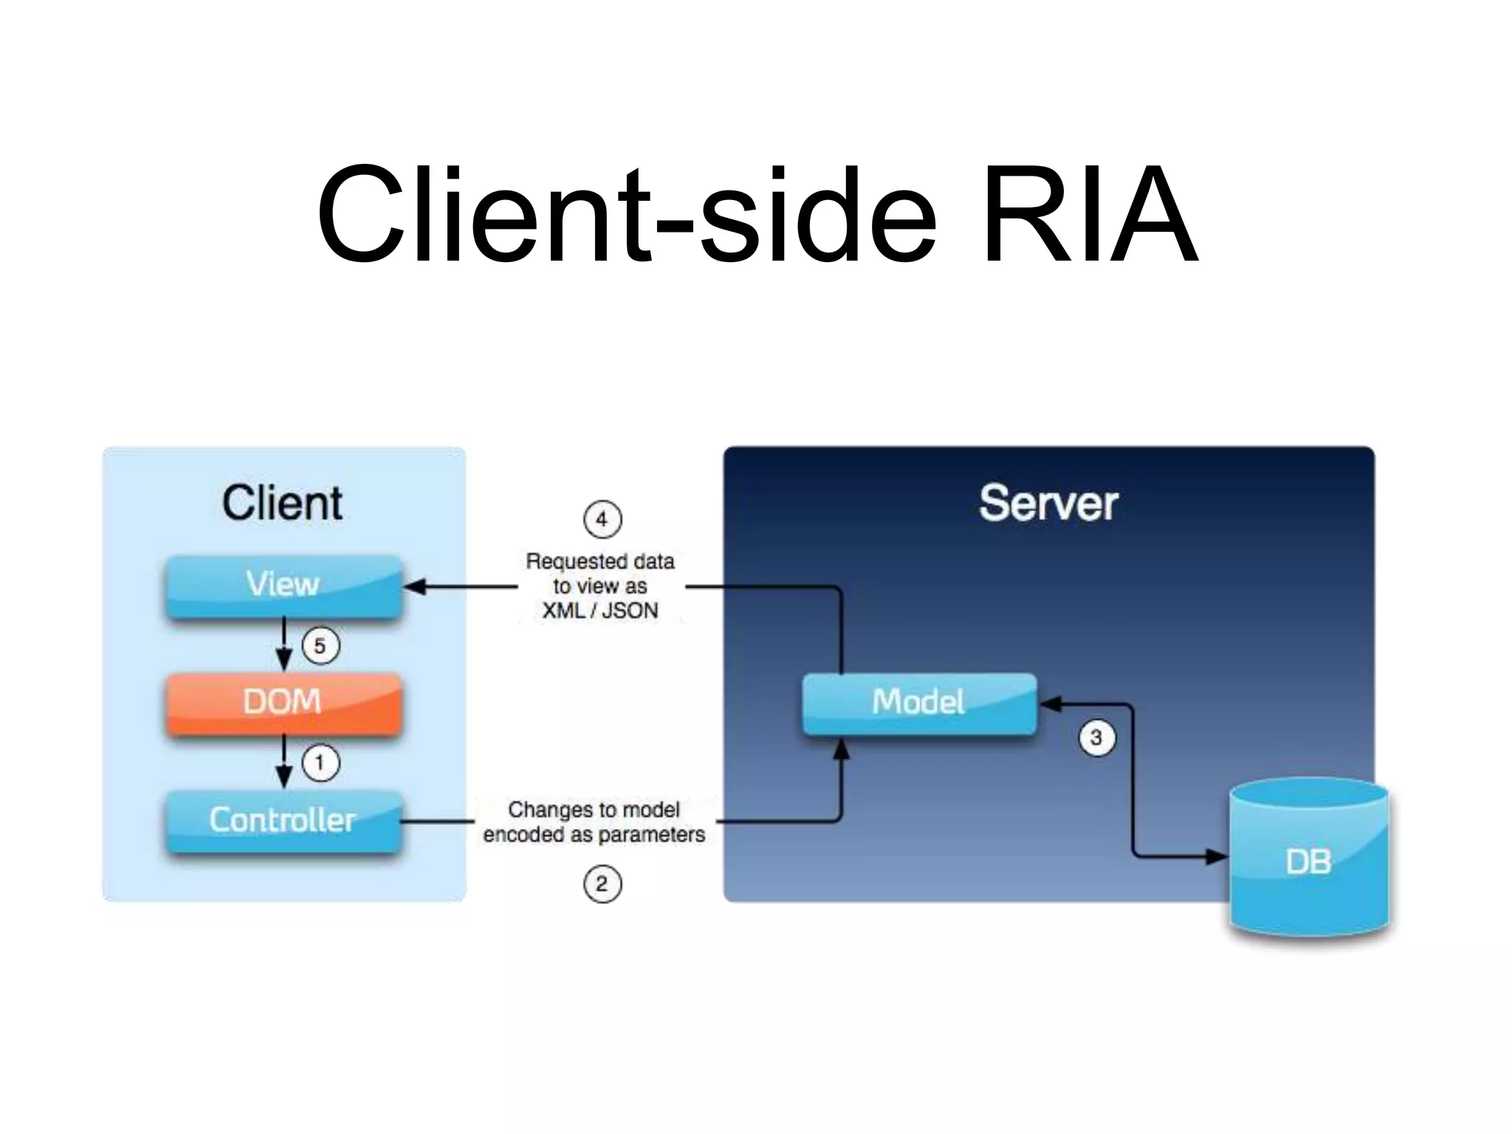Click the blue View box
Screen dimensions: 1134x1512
[283, 585]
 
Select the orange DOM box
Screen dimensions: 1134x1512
[283, 702]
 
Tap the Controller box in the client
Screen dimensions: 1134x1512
[283, 820]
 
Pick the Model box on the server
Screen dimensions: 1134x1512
[919, 702]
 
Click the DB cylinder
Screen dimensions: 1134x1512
[1309, 860]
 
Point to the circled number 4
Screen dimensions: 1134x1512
[602, 520]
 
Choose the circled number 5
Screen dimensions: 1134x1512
[320, 646]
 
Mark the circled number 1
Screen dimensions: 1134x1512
[320, 763]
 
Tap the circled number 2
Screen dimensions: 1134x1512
[602, 884]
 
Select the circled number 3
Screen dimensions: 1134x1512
[1096, 738]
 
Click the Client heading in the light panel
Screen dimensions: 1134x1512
[282, 504]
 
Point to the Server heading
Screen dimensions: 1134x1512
[1048, 504]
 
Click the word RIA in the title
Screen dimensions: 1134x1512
[1090, 216]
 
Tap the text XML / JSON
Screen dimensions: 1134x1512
[600, 611]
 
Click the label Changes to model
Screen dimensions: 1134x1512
[594, 810]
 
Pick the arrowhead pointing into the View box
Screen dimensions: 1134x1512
[415, 587]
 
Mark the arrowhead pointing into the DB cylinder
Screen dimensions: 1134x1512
[1217, 857]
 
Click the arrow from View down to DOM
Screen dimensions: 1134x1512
[284, 645]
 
